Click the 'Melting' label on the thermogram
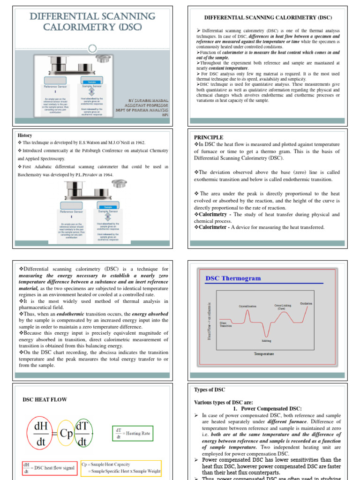point(266,341)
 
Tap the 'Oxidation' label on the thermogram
point(306,303)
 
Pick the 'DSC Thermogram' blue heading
point(233,278)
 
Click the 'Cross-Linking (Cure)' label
point(283,307)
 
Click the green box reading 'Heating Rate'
point(133,434)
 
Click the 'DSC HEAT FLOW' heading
point(45,400)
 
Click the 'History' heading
point(24,135)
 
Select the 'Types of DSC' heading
point(210,390)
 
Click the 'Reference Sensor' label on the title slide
point(56,87)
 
